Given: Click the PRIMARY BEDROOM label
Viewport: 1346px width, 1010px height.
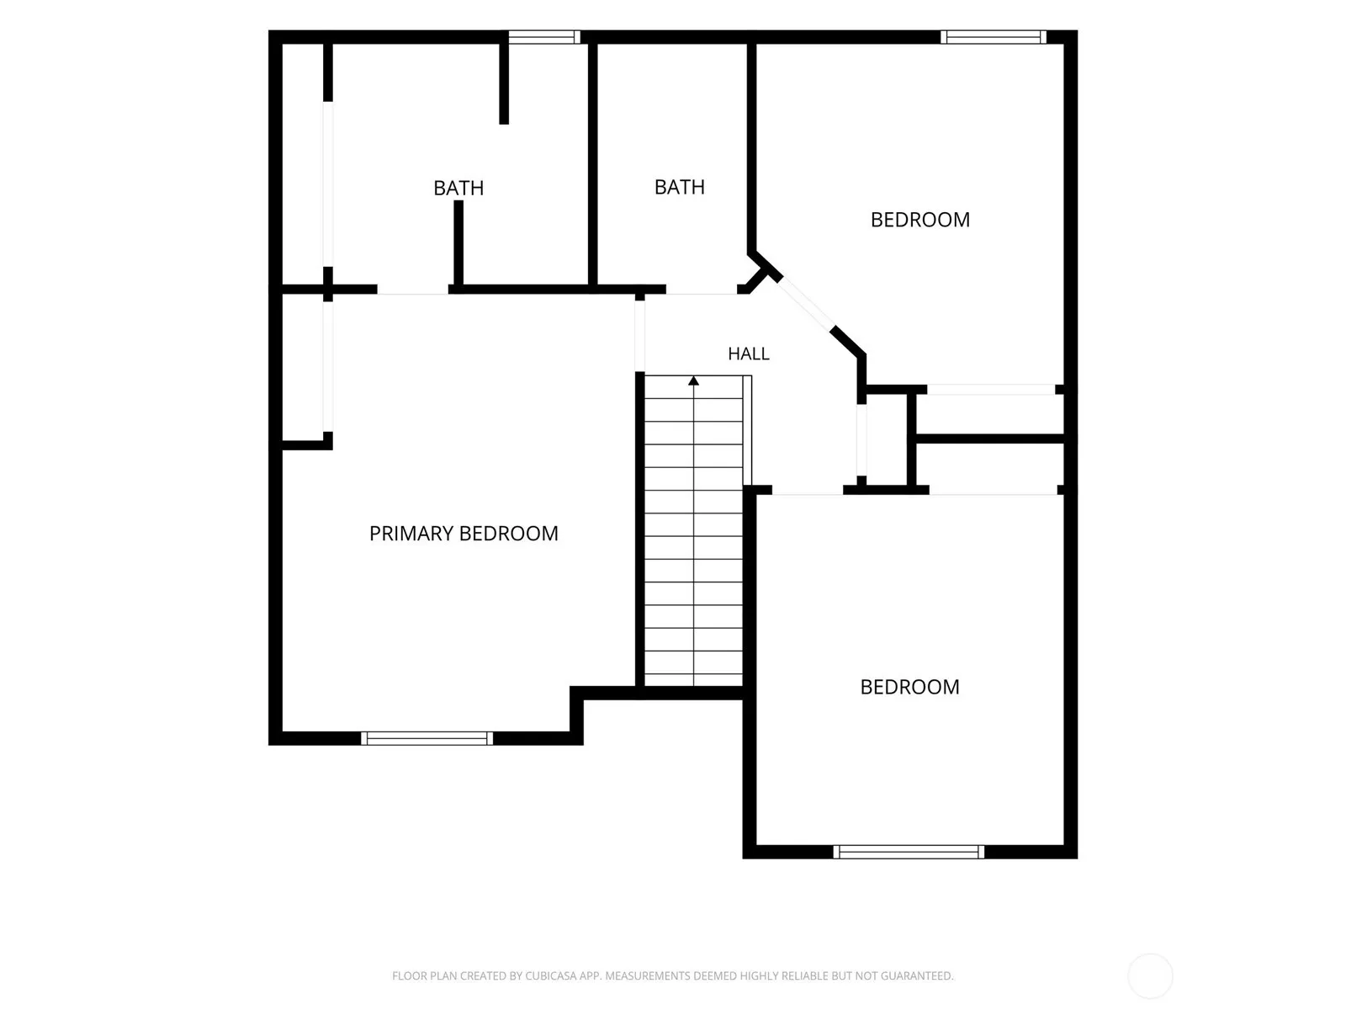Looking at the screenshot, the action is pyautogui.click(x=464, y=534).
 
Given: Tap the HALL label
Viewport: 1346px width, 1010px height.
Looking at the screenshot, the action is pyautogui.click(x=748, y=353).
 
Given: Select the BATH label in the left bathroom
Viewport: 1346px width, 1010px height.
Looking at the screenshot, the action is pyautogui.click(x=458, y=188).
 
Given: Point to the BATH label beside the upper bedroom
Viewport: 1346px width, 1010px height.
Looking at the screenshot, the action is pyautogui.click(x=680, y=187).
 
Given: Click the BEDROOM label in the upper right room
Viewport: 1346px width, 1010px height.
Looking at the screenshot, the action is pyautogui.click(x=919, y=220).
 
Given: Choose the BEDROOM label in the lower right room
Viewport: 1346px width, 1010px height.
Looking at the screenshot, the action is pyautogui.click(x=909, y=687).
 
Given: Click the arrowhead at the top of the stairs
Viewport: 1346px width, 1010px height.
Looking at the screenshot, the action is pyautogui.click(x=693, y=380).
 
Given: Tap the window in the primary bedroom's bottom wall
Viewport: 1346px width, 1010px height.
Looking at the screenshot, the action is pyautogui.click(x=427, y=738).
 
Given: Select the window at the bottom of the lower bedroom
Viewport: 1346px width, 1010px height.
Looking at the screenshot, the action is pyautogui.click(x=909, y=852).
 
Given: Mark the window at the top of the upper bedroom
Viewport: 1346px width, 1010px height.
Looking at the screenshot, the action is pyautogui.click(x=994, y=37).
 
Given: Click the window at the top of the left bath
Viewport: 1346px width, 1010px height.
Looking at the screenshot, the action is pyautogui.click(x=544, y=37).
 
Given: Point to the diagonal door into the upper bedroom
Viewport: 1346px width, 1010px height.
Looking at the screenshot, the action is pyautogui.click(x=807, y=305).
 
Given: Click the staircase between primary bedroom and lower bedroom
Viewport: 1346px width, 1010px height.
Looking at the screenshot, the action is pyautogui.click(x=693, y=531).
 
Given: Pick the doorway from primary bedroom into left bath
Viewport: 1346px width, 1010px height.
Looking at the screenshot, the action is pyautogui.click(x=413, y=290).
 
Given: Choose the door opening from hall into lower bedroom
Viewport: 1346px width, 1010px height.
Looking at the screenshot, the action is pyautogui.click(x=807, y=490).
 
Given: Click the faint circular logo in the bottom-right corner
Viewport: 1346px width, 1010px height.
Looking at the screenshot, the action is pyautogui.click(x=1150, y=975).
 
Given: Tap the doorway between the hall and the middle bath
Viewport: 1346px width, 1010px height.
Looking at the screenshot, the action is pyautogui.click(x=702, y=290).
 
